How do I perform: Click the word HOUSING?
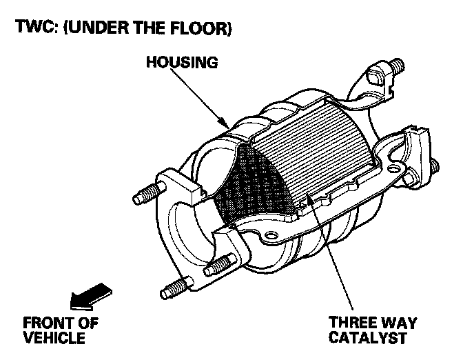click(182, 62)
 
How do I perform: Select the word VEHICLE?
click(54, 338)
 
